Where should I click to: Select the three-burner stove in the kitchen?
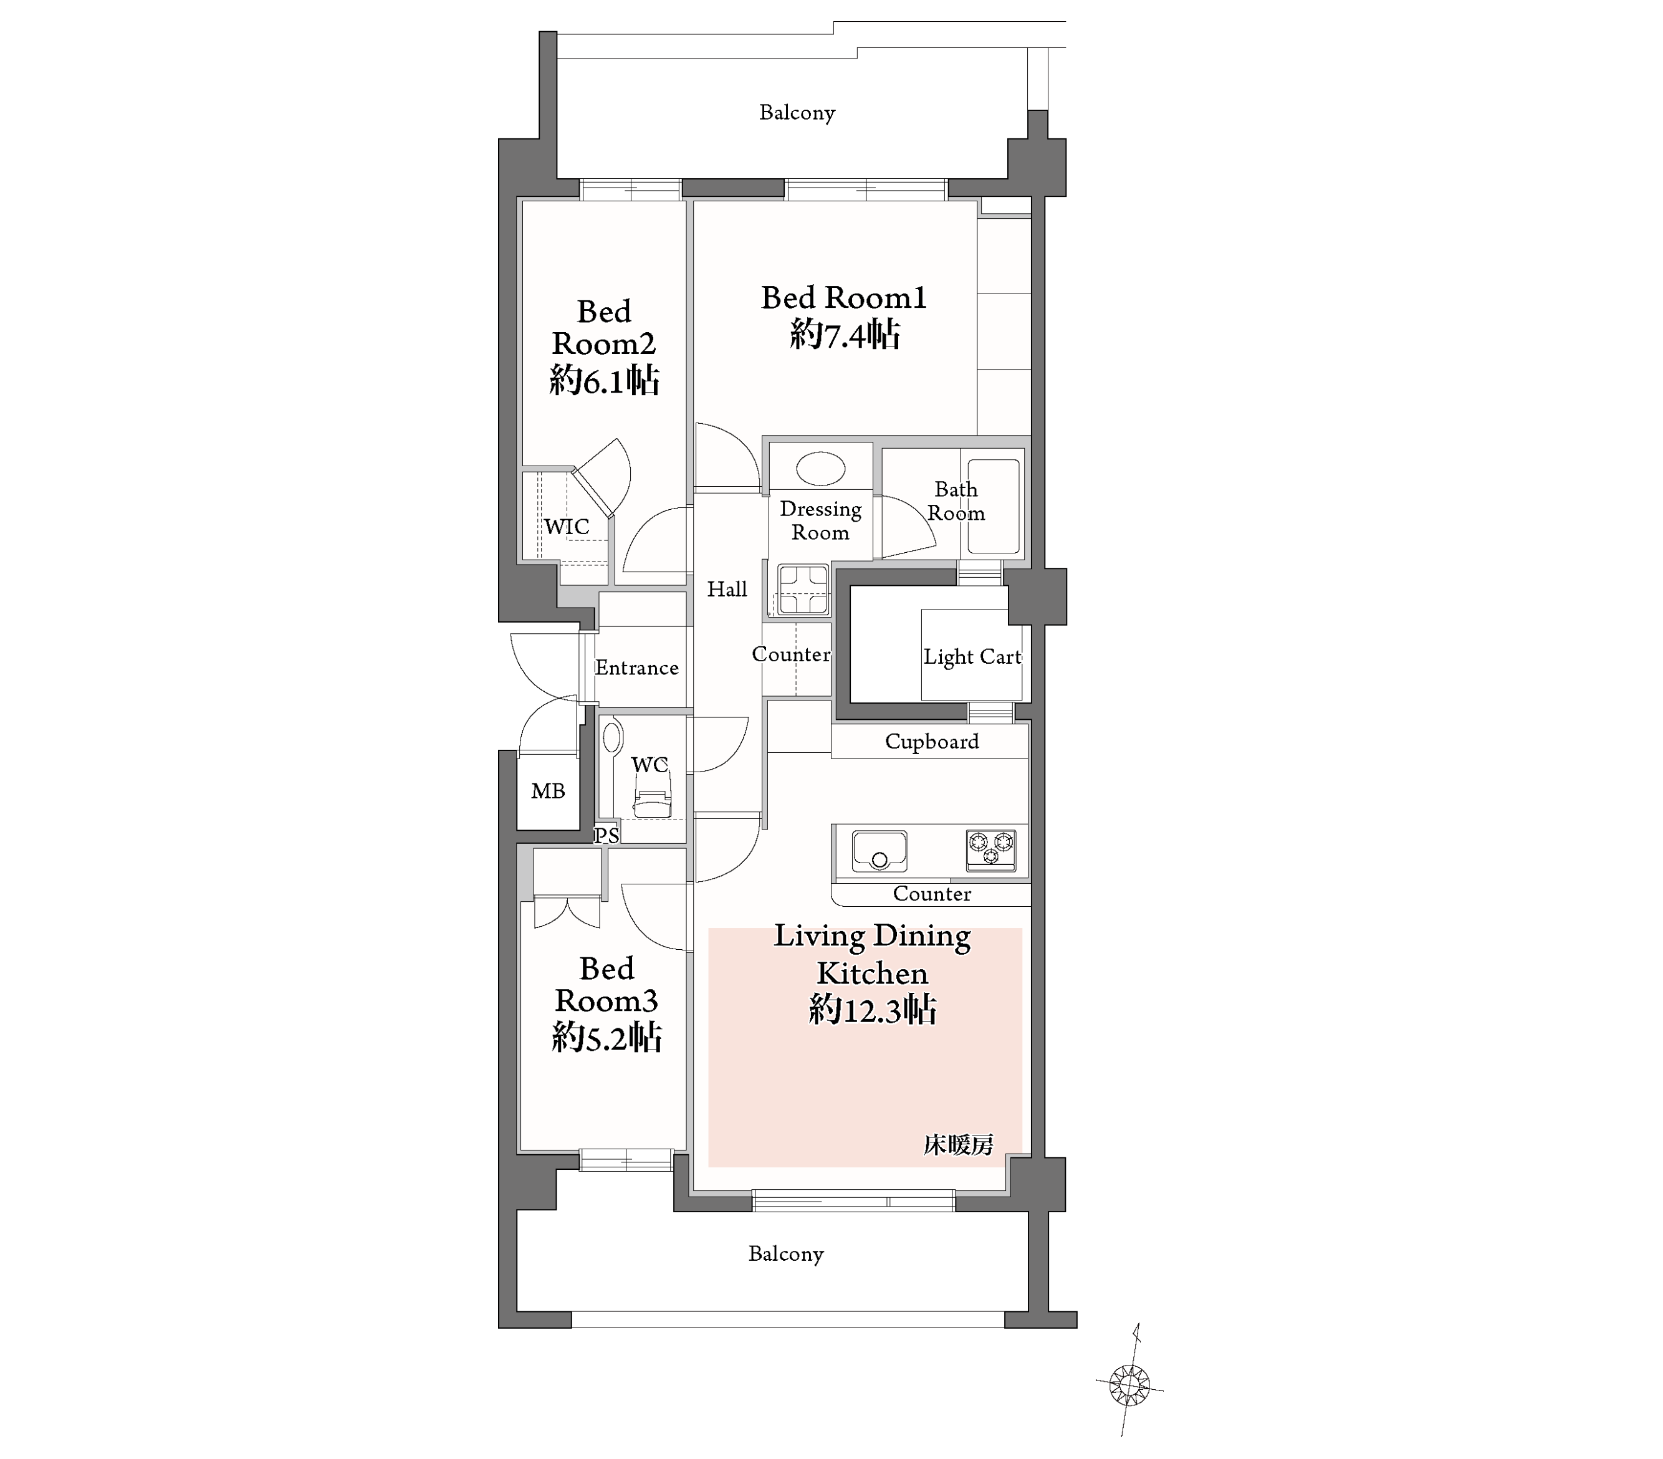tap(991, 849)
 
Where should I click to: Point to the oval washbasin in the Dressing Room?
tap(820, 469)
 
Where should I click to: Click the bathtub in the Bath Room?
tap(994, 506)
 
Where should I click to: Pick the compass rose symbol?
tap(1129, 1384)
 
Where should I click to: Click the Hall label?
tap(727, 589)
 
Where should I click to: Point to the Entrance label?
tap(636, 668)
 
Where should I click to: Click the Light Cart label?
tap(972, 657)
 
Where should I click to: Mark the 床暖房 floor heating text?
tap(959, 1145)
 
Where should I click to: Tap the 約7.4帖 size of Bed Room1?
tap(845, 335)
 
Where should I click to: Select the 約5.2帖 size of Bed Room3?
tap(607, 1038)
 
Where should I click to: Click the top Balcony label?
tap(797, 112)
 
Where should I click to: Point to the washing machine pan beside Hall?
tap(803, 589)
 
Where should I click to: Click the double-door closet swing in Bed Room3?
tap(567, 912)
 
